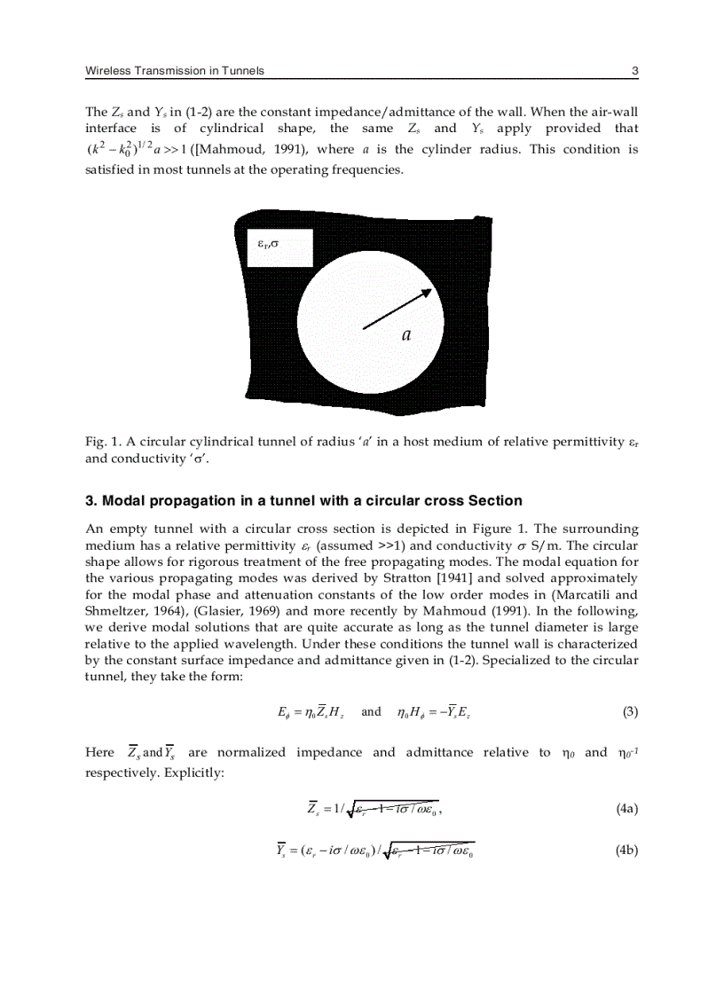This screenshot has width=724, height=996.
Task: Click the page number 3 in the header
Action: [634, 71]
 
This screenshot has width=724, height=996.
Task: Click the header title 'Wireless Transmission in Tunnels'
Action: [174, 71]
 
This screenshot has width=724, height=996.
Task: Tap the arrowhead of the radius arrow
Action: [426, 292]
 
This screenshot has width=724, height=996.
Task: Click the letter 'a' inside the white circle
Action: [406, 334]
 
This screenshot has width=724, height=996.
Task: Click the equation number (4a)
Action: [626, 808]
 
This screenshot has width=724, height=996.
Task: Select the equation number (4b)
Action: [626, 851]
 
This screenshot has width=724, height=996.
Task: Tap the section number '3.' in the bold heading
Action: [90, 501]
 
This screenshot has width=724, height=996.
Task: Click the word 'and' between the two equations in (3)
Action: [372, 711]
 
